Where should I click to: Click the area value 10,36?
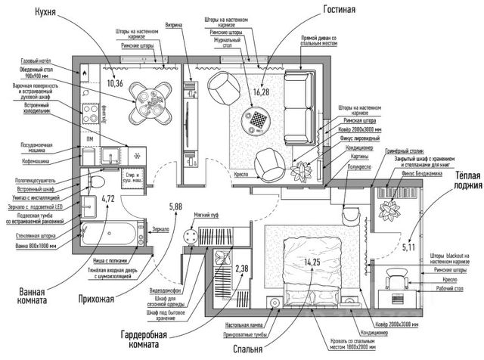tap(116, 83)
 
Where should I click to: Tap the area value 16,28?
tap(262, 92)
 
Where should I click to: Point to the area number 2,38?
tap(241, 268)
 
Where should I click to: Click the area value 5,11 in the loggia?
tap(408, 247)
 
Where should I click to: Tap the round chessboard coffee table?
tap(258, 121)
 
